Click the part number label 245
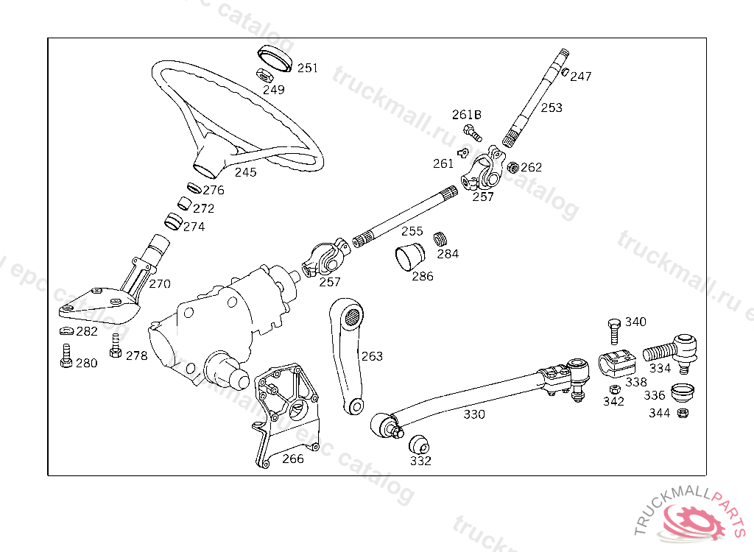pyautogui.click(x=246, y=173)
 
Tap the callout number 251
pyautogui.click(x=308, y=68)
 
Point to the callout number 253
pyautogui.click(x=552, y=107)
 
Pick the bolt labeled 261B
pyautogui.click(x=472, y=132)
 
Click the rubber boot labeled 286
pyautogui.click(x=410, y=258)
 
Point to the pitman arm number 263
pyautogui.click(x=372, y=356)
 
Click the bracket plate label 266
pyautogui.click(x=293, y=459)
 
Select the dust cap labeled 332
pyautogui.click(x=419, y=445)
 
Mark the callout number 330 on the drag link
pyautogui.click(x=474, y=414)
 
